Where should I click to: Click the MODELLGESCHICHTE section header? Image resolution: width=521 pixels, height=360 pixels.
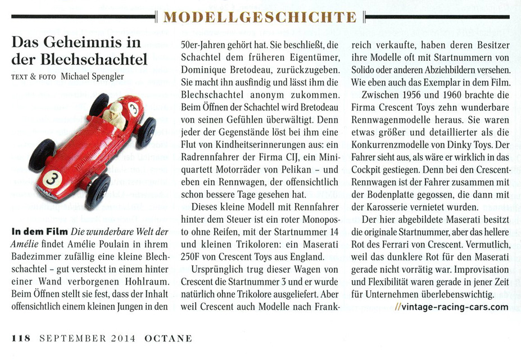(x=260, y=17)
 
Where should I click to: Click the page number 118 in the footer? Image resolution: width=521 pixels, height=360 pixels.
(x=21, y=338)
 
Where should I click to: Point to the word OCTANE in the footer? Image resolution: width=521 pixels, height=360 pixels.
(x=168, y=338)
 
